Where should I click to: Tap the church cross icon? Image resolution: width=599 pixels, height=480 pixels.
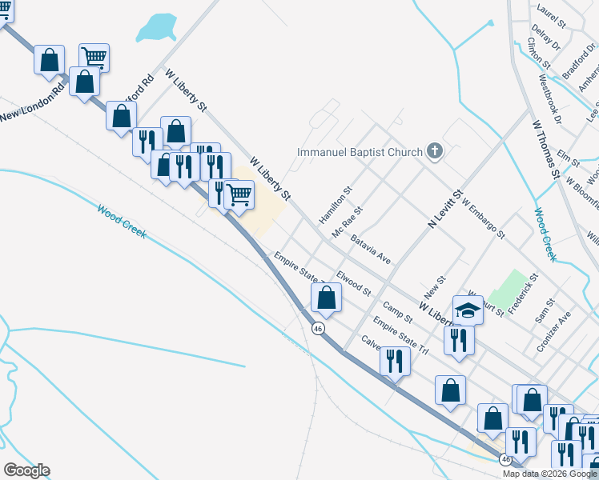pyautogui.click(x=434, y=151)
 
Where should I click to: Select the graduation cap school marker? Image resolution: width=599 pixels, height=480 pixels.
pyautogui.click(x=468, y=310)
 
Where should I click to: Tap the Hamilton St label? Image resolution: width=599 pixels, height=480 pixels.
pyautogui.click(x=336, y=206)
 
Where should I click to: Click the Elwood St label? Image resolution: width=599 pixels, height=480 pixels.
pyautogui.click(x=353, y=283)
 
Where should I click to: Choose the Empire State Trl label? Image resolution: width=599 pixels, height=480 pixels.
pyautogui.click(x=401, y=338)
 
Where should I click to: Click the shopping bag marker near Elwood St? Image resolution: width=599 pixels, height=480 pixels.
pyautogui.click(x=326, y=298)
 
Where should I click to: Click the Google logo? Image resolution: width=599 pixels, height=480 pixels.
pyautogui.click(x=26, y=470)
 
